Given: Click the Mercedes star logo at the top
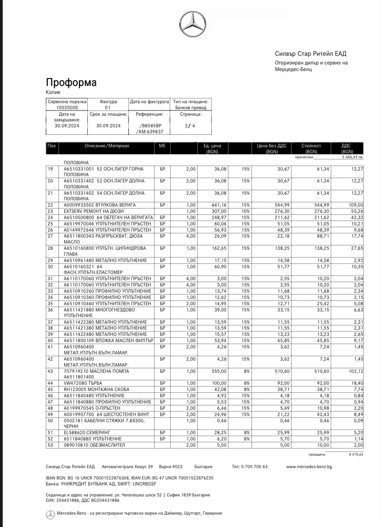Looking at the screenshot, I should (193, 24).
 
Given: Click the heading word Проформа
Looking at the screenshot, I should (71, 82).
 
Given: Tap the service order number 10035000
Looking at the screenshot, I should (67, 108).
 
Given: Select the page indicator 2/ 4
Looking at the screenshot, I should (190, 126).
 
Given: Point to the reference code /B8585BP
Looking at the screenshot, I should (150, 126).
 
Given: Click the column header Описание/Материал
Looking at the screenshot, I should (107, 146).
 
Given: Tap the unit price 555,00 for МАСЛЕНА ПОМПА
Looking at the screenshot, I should (220, 371).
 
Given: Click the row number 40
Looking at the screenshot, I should (50, 341).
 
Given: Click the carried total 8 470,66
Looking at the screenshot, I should (356, 455).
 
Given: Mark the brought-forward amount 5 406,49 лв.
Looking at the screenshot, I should (352, 157).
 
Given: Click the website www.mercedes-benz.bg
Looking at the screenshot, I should (309, 467).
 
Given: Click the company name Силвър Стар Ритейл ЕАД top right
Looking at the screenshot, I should (311, 54).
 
